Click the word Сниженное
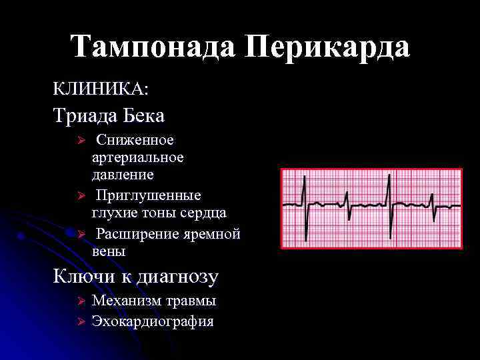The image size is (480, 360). [135, 140]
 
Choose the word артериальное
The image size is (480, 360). [137, 157]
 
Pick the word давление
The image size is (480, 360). [123, 175]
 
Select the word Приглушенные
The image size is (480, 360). [148, 195]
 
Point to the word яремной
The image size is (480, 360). [215, 235]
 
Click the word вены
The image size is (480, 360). [108, 252]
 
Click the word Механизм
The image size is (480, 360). [126, 301]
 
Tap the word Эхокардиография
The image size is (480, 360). [153, 321]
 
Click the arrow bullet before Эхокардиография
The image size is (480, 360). [77, 322]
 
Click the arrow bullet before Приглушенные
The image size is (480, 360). [77, 196]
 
